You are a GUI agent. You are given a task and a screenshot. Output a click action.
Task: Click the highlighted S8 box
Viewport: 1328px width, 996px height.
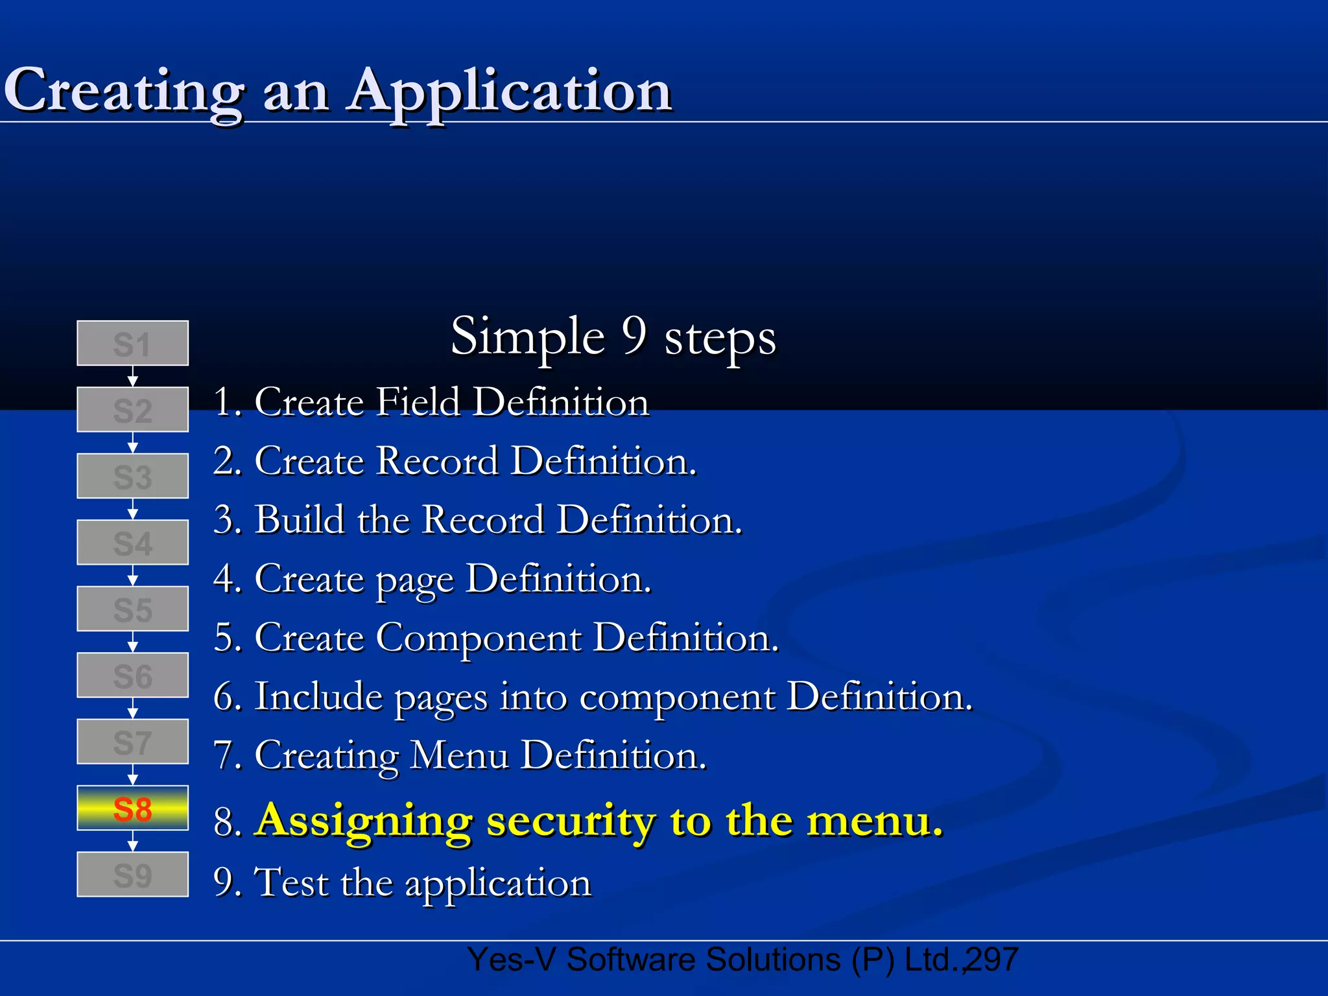(x=132, y=808)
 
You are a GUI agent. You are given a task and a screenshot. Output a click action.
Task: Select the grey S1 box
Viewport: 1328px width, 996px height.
(x=132, y=343)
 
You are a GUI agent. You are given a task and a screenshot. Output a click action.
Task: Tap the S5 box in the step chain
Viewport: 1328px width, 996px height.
(x=132, y=609)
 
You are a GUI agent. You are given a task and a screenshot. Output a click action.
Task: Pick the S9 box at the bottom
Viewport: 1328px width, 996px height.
(x=132, y=875)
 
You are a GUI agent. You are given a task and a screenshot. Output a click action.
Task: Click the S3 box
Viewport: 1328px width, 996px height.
(x=132, y=476)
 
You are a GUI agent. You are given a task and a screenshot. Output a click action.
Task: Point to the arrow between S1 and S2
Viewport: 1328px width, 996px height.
(x=132, y=377)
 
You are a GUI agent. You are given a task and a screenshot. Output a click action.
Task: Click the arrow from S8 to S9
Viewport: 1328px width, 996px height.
(x=132, y=842)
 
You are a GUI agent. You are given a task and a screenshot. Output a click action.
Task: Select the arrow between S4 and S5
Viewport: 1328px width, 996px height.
(x=132, y=576)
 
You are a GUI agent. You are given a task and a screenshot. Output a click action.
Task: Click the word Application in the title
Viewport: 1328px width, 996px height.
(x=510, y=91)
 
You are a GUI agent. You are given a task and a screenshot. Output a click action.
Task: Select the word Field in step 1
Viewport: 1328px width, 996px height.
(x=418, y=401)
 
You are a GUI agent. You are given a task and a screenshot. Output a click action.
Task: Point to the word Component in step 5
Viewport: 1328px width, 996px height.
(x=478, y=637)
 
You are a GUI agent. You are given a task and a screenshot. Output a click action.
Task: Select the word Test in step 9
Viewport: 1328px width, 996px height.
(x=291, y=882)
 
